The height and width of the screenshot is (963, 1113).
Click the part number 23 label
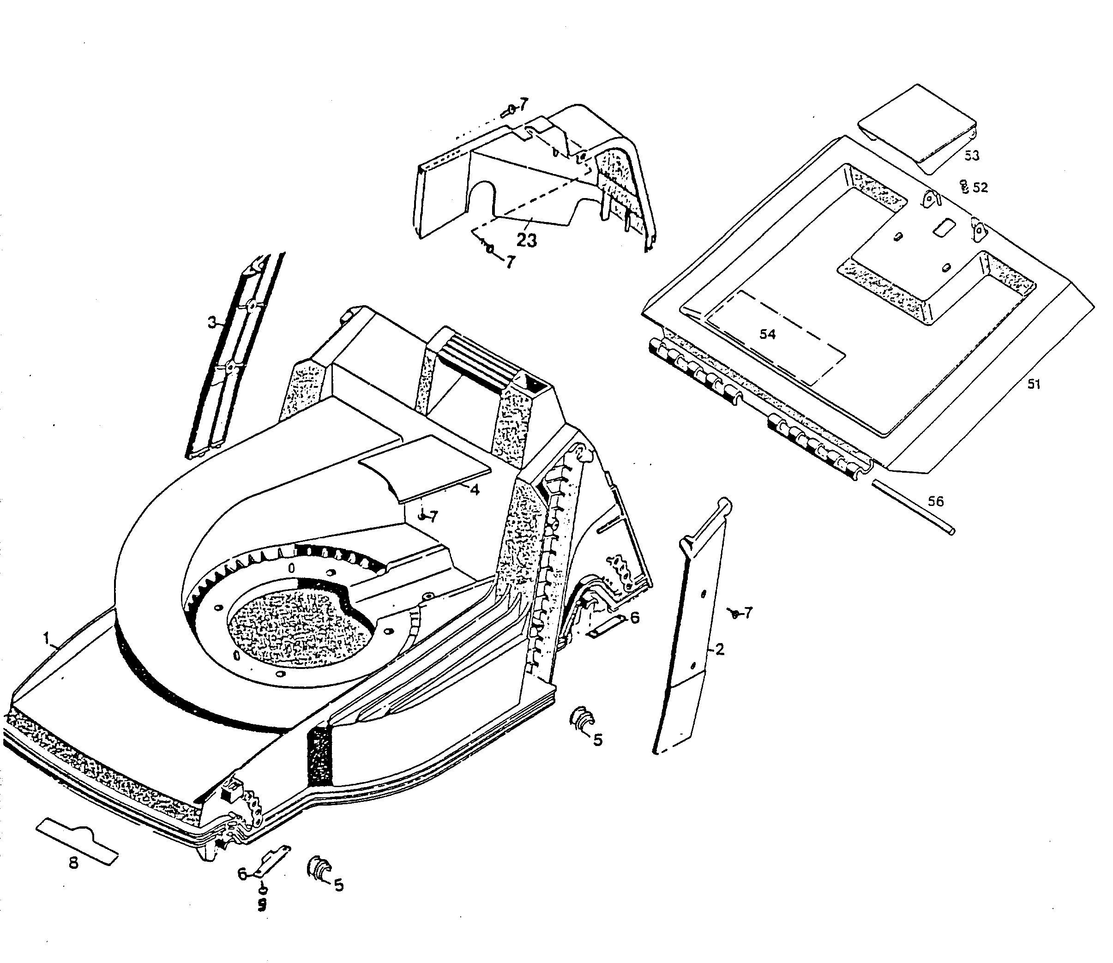[x=526, y=240]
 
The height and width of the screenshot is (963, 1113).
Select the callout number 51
[x=1034, y=384]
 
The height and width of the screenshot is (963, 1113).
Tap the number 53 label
[x=972, y=156]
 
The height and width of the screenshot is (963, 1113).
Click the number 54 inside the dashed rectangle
[x=767, y=334]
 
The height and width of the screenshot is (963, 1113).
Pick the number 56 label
[x=936, y=501]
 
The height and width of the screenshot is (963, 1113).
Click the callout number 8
[x=73, y=878]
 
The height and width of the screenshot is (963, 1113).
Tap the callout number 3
[x=212, y=323]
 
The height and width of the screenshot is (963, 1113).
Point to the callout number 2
[x=720, y=649]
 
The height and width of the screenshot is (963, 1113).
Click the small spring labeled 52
[x=965, y=187]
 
